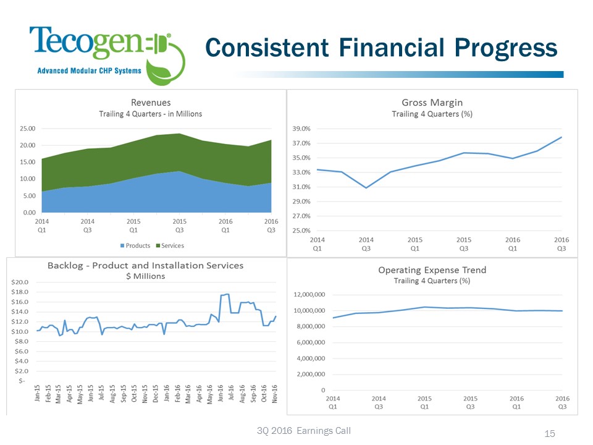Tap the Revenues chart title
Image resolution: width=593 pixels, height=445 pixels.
click(x=150, y=102)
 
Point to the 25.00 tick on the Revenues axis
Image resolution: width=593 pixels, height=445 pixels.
click(x=27, y=129)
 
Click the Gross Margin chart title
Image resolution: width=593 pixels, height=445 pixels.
click(x=432, y=102)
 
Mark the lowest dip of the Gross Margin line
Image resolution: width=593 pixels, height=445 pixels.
click(x=366, y=187)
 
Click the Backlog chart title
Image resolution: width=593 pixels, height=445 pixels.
click(x=146, y=265)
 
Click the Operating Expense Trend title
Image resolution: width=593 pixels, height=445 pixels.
click(x=432, y=270)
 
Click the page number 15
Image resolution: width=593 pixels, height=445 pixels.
click(x=550, y=434)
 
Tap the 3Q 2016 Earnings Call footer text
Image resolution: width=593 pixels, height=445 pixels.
click(x=303, y=431)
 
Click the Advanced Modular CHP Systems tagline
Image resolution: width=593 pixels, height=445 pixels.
click(x=90, y=70)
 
